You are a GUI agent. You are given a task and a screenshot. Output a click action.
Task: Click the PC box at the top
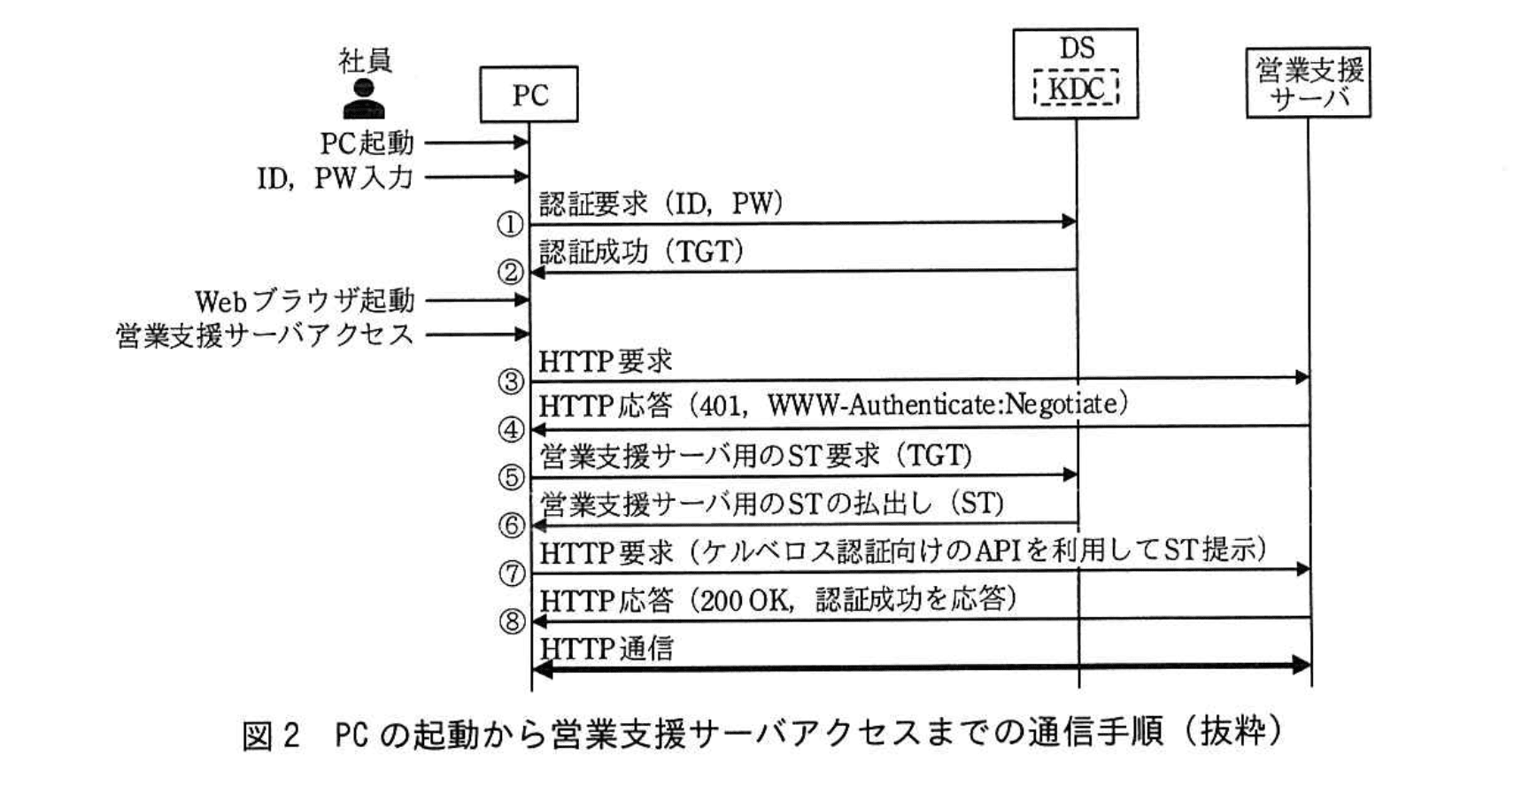point(529,94)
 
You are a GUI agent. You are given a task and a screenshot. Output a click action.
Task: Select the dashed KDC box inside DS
point(1076,89)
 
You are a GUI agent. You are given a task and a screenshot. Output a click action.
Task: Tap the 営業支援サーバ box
point(1308,82)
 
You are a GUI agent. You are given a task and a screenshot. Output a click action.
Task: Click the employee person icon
point(364,99)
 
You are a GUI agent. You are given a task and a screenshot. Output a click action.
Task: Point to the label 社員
point(365,60)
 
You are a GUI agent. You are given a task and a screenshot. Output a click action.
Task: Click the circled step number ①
point(511,225)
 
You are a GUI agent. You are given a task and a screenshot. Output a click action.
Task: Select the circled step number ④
point(512,430)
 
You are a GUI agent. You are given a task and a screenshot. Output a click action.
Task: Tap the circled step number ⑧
point(512,621)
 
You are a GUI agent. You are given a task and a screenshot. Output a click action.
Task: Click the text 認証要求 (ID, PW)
point(660,204)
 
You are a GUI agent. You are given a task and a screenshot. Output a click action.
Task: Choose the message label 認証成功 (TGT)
point(641,252)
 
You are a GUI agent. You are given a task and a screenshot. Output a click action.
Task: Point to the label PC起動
point(367,143)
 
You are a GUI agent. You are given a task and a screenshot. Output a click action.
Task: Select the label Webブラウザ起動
point(305,301)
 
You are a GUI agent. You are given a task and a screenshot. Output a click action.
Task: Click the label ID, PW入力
point(336,178)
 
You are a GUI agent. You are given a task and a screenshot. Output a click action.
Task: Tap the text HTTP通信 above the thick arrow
point(606,649)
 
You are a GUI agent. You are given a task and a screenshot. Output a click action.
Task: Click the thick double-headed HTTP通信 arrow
point(921,667)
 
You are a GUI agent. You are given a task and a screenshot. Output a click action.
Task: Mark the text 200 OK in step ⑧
point(745,601)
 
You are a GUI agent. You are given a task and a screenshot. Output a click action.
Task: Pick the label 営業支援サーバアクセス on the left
point(265,335)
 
